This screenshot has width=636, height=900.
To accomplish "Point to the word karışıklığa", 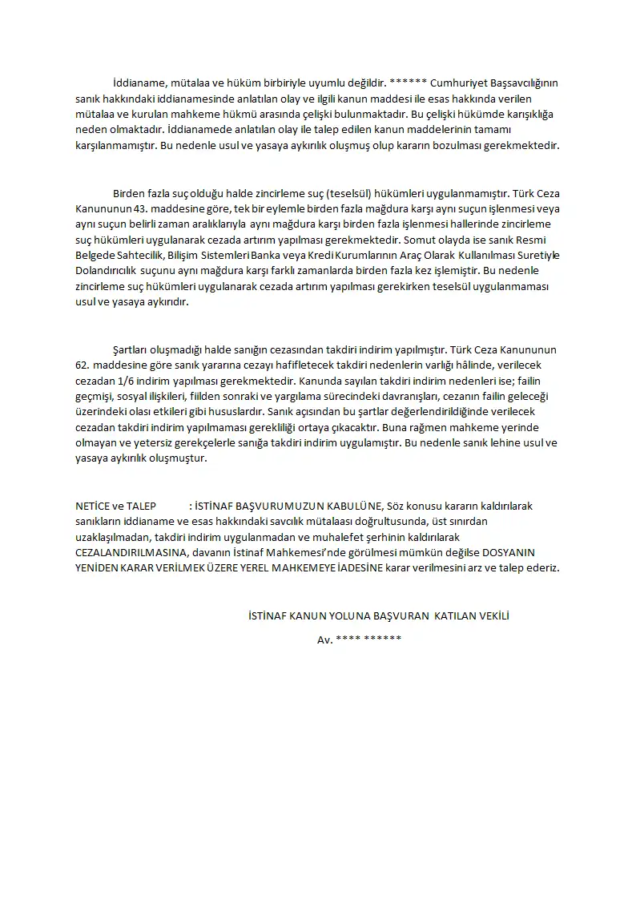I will pos(525,114).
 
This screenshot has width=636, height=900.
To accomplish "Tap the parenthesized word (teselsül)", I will pos(321,194).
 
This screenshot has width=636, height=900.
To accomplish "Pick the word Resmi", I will pos(537,240).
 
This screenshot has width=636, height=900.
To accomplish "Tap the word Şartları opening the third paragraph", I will pos(131,351).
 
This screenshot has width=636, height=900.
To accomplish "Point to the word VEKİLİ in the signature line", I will pos(491,616).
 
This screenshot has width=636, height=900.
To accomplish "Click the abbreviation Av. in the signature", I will pos(324,640).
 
